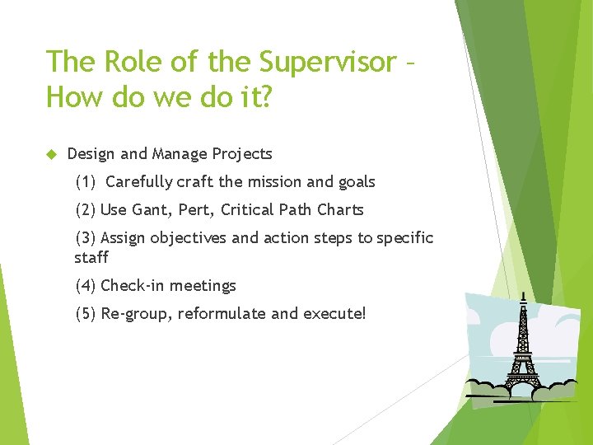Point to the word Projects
(x=242, y=154)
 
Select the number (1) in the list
(x=86, y=182)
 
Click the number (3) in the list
(x=86, y=238)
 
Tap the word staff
(x=91, y=258)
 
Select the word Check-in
(x=133, y=286)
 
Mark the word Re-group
(x=136, y=314)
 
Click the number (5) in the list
(x=86, y=314)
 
